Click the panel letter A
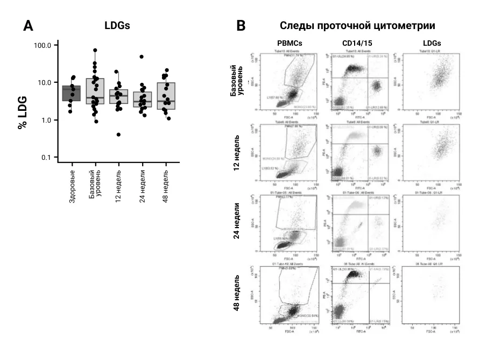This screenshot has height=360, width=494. coord(28,25)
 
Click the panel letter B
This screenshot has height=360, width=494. coord(242,25)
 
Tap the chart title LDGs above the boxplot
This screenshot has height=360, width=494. coord(117,25)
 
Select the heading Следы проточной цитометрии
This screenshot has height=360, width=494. coord(357,25)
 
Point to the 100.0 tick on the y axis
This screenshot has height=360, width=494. coord(42,45)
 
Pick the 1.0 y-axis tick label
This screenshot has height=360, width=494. coord(45,120)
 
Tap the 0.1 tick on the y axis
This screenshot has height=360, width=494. coord(45,157)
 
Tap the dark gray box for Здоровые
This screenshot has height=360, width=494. coord(72,93)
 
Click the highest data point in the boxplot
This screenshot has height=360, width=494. coord(95,51)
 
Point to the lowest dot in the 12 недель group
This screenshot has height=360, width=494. coord(118,135)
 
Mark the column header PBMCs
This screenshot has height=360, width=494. coord(290,43)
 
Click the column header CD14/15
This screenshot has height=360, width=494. coord(357,43)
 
